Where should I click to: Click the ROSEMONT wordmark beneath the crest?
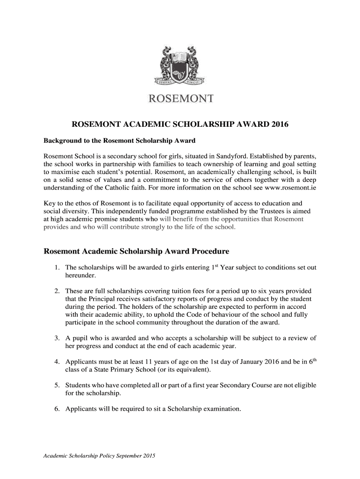click(181, 99)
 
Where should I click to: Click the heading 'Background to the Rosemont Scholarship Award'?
click(119, 141)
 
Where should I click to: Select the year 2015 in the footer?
click(149, 456)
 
